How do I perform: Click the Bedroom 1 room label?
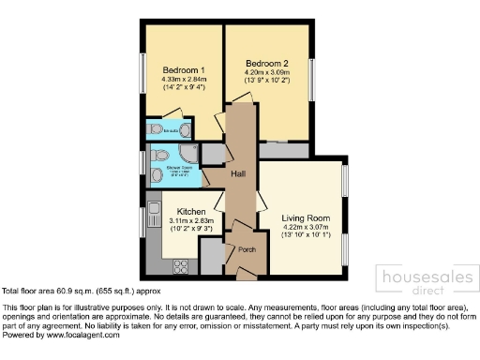(x=184, y=70)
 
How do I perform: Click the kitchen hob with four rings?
(x=180, y=265)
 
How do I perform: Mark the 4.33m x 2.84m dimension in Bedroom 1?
(x=184, y=82)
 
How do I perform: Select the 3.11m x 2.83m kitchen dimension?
(x=184, y=221)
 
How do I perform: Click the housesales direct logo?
(x=422, y=280)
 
